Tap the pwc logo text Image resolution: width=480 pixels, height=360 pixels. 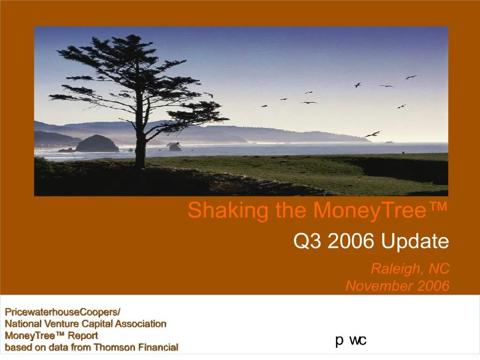pyautogui.click(x=351, y=340)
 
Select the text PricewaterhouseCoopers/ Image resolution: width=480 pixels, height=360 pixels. pyautogui.click(x=62, y=312)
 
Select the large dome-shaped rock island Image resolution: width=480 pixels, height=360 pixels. pyautogui.click(x=97, y=144)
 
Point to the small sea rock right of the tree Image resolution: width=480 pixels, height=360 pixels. pyautogui.click(x=175, y=147)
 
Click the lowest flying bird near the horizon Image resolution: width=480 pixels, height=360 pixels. pyautogui.click(x=373, y=134)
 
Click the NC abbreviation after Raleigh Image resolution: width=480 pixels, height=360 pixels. pyautogui.click(x=438, y=269)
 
